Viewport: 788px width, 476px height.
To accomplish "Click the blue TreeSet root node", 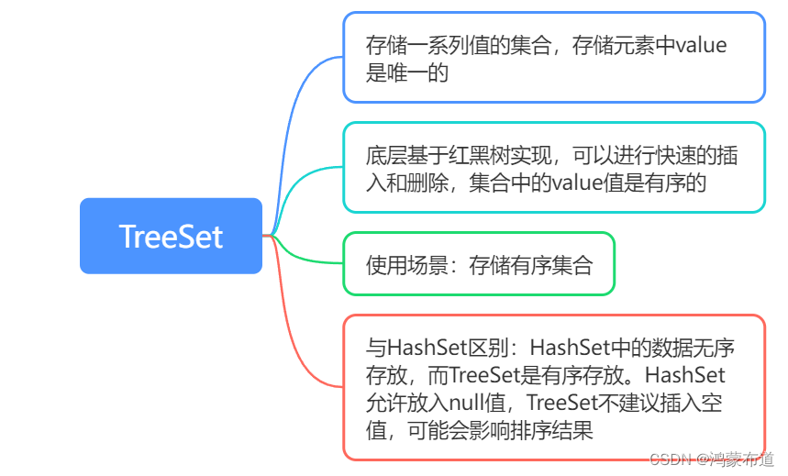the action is pyautogui.click(x=171, y=236).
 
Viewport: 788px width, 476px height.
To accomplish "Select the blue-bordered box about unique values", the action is pyautogui.click(x=553, y=57).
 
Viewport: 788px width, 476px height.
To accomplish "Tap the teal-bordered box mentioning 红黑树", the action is pyautogui.click(x=553, y=168).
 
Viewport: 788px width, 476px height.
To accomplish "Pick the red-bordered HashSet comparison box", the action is pyautogui.click(x=553, y=388).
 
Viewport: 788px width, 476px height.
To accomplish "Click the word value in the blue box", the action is pyautogui.click(x=701, y=45).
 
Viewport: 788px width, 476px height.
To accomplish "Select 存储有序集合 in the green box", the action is pyautogui.click(x=531, y=265).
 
